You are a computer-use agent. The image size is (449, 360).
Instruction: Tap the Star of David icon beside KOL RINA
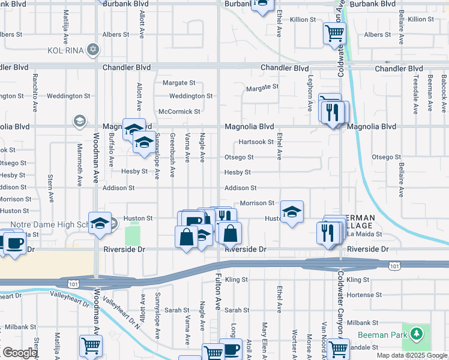click(93, 50)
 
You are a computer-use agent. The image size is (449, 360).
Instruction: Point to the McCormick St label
click(179, 112)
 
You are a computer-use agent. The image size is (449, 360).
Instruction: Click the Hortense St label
click(366, 295)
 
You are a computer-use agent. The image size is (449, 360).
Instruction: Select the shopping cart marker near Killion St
click(334, 33)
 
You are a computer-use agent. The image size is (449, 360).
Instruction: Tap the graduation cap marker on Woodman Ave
click(100, 223)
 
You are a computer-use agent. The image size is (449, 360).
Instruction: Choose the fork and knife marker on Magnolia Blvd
click(332, 112)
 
